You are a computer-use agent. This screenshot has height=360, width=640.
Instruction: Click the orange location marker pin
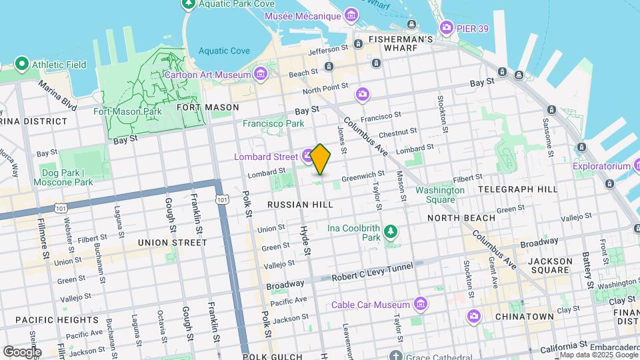tap(321, 159)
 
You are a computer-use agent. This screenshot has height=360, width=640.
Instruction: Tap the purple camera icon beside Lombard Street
tap(307, 157)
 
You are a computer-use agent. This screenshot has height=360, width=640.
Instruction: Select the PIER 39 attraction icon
tap(446, 27)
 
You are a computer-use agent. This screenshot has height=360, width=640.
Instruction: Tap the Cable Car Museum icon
tap(421, 305)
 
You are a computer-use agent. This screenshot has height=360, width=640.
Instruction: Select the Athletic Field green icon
tap(21, 65)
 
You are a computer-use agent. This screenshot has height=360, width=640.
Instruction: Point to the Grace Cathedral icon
tap(396, 355)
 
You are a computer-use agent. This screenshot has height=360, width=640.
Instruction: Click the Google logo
tap(21, 351)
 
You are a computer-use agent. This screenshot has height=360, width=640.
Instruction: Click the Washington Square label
tap(440, 195)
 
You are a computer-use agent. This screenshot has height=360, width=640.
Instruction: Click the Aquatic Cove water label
tap(224, 51)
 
